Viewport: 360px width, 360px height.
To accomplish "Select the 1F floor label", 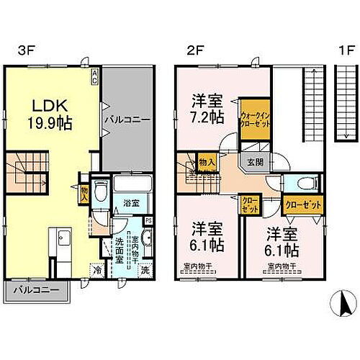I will [348, 53].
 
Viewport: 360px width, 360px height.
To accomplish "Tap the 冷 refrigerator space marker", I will [98, 272].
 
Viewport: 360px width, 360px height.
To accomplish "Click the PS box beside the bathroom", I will [148, 220].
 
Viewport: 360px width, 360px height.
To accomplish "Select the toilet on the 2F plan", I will [302, 183].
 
